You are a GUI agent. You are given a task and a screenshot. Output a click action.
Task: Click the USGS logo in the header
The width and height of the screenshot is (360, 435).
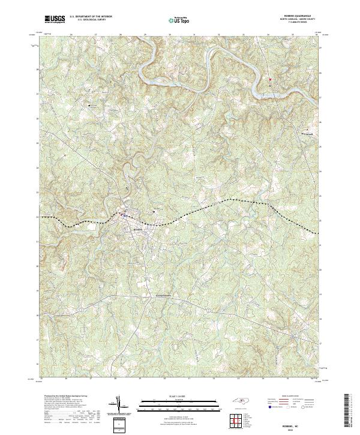(x=55, y=19)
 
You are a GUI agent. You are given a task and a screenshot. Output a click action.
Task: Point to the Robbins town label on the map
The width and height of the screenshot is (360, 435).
(x=137, y=229)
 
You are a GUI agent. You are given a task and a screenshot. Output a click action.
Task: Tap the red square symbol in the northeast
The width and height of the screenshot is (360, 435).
(x=271, y=79)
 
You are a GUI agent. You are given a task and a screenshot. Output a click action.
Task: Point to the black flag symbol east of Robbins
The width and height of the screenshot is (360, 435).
(x=153, y=210)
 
